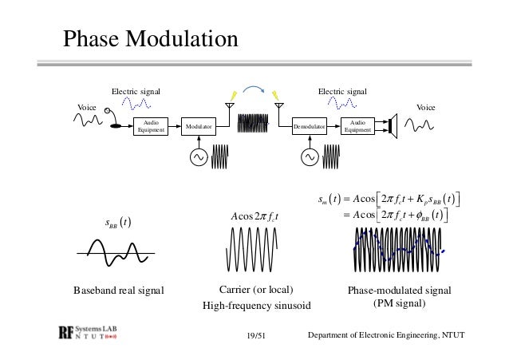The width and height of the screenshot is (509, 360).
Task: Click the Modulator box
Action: click(199, 126)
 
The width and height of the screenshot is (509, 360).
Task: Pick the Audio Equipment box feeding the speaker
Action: click(357, 126)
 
